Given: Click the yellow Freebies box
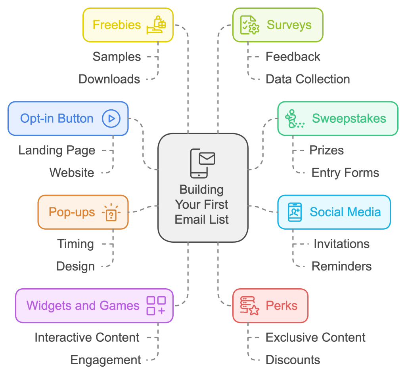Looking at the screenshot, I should [128, 25].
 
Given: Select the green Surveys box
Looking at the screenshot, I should [278, 25].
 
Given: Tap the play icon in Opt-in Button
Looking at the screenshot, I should [111, 118].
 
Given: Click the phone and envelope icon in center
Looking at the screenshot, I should [202, 163].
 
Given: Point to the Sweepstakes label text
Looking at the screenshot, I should [349, 118].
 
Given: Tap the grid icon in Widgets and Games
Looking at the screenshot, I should [156, 306].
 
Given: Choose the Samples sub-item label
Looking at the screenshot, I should [117, 57].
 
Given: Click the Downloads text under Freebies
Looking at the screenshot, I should [109, 79].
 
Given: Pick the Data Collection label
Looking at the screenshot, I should [308, 79].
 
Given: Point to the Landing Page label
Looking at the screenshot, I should [57, 150].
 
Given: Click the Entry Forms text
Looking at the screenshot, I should [345, 173].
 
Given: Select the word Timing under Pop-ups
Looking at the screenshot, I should [75, 244].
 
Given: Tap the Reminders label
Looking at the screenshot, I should [341, 266].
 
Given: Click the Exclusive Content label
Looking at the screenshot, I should [315, 337].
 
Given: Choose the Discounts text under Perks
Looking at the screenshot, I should [293, 360].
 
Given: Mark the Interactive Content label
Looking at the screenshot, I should [87, 337].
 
